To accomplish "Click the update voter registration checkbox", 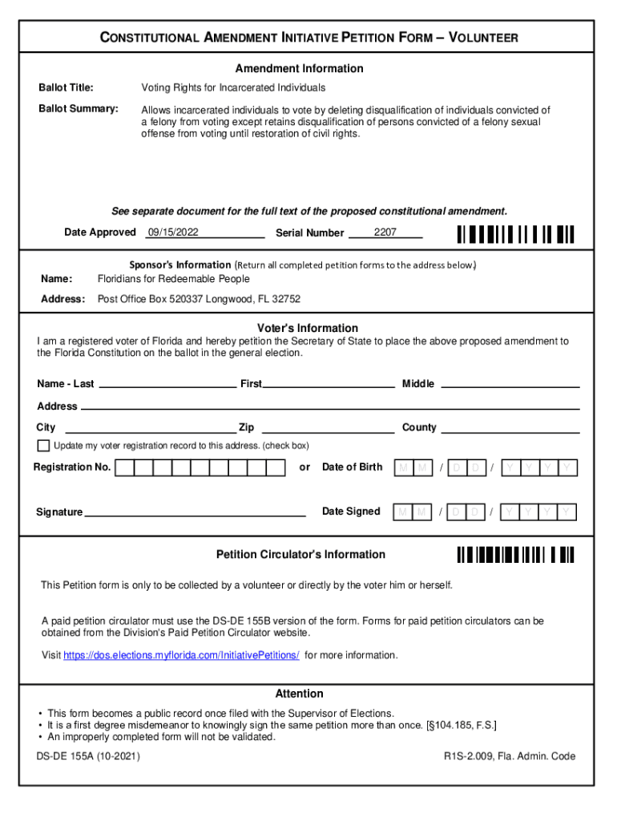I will tap(43, 446).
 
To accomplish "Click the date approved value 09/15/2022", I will tap(173, 233).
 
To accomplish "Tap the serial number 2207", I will tap(385, 233).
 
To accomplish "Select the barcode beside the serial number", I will tap(516, 234).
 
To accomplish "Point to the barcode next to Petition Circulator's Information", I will tap(516, 555).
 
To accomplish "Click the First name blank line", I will tap(329, 386).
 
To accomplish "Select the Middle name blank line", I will tap(510, 386).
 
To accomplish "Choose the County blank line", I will tap(510, 430).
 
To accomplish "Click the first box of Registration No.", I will tap(125, 467).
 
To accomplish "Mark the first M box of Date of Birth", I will tap(402, 467).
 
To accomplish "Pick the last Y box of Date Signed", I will tap(567, 512).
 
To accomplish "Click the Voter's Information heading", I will tap(308, 329).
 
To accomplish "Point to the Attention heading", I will tap(300, 694).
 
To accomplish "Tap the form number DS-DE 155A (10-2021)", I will tap(88, 756).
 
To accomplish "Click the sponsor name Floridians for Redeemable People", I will tap(173, 279).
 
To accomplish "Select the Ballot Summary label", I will tap(79, 108).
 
